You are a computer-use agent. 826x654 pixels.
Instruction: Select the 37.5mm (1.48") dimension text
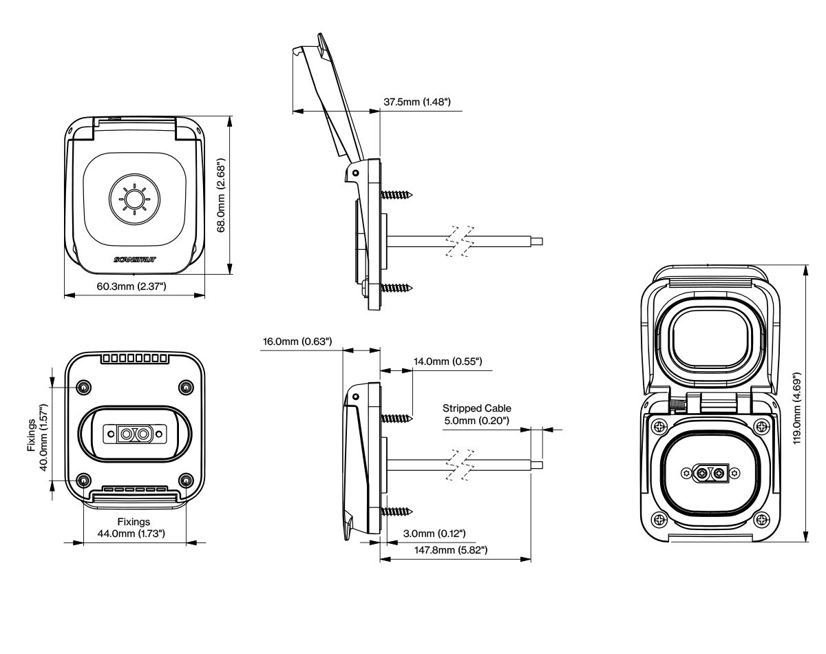coord(416,103)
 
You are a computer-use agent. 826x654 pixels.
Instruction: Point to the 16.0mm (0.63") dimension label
coord(297,341)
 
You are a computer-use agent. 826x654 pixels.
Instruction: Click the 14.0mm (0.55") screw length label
coord(447,361)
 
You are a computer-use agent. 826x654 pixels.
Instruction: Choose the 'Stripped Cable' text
coord(477,408)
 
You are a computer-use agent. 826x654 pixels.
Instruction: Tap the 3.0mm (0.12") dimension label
coord(433,534)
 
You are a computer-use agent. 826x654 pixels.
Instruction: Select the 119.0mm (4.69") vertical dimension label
coord(798,407)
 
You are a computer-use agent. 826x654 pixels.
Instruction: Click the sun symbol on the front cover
coord(134,200)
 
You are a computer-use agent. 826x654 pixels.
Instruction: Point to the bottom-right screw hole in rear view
coord(184,480)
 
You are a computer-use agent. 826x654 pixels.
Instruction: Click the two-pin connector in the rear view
coord(134,434)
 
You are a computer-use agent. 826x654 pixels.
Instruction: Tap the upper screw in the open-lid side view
coord(396,195)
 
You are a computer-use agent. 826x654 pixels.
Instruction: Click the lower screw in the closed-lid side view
coord(396,511)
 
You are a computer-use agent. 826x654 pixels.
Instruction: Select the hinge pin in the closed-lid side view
coord(355,397)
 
